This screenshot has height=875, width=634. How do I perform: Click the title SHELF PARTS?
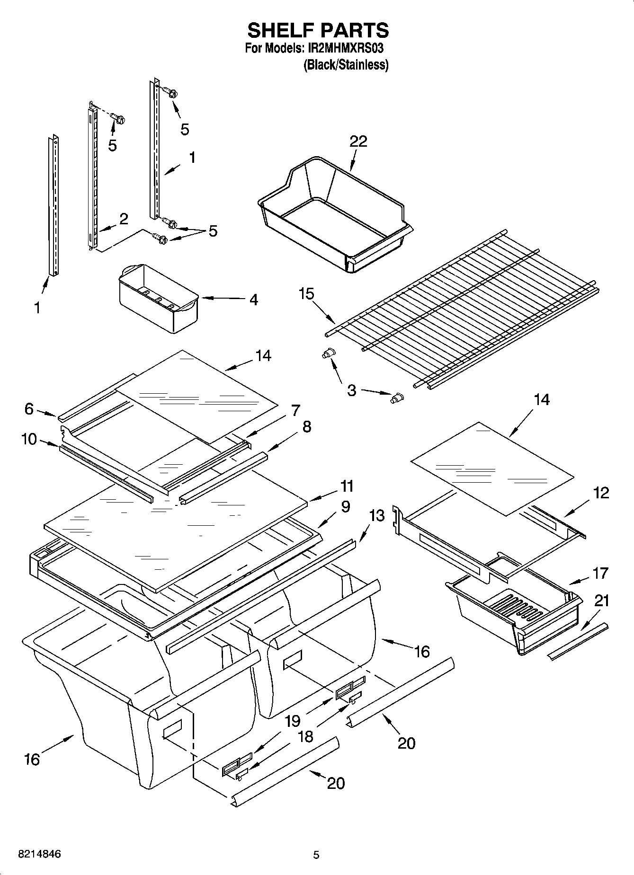pos(318,30)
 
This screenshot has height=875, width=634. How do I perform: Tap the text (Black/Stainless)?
pos(346,65)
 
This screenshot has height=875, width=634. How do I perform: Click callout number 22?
pos(358,141)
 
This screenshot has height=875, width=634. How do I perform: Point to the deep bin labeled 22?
pos(331,213)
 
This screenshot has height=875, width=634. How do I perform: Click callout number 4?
pos(254,300)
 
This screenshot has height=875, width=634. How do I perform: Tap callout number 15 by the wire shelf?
pos(306,294)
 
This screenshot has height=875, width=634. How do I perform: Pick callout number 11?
pos(347,486)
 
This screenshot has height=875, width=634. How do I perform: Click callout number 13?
pos(377,515)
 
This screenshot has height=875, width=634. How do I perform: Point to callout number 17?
pos(600,573)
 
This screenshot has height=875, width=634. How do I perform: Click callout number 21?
pos(602,601)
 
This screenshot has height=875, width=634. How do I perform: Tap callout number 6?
pos(29,408)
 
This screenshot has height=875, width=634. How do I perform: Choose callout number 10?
pos(29,439)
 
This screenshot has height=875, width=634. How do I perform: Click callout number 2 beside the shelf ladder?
pos(123,219)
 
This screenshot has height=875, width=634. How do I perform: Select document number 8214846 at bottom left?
pos(39,854)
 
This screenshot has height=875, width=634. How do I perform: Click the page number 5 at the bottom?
pos(316,855)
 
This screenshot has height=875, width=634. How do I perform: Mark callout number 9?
pos(345,507)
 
